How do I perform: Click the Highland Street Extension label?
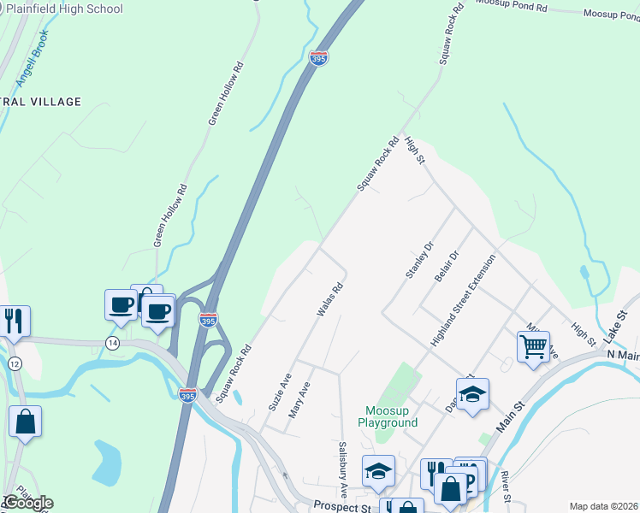click(463, 300)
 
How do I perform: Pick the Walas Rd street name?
click(329, 300)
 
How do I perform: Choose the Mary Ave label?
click(299, 398)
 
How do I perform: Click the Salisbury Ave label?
click(342, 470)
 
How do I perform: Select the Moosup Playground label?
click(388, 416)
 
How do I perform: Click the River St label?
click(506, 486)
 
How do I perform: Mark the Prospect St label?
click(340, 506)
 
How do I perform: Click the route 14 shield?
click(112, 342)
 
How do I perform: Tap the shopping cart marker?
click(533, 347)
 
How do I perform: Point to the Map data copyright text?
click(603, 506)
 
